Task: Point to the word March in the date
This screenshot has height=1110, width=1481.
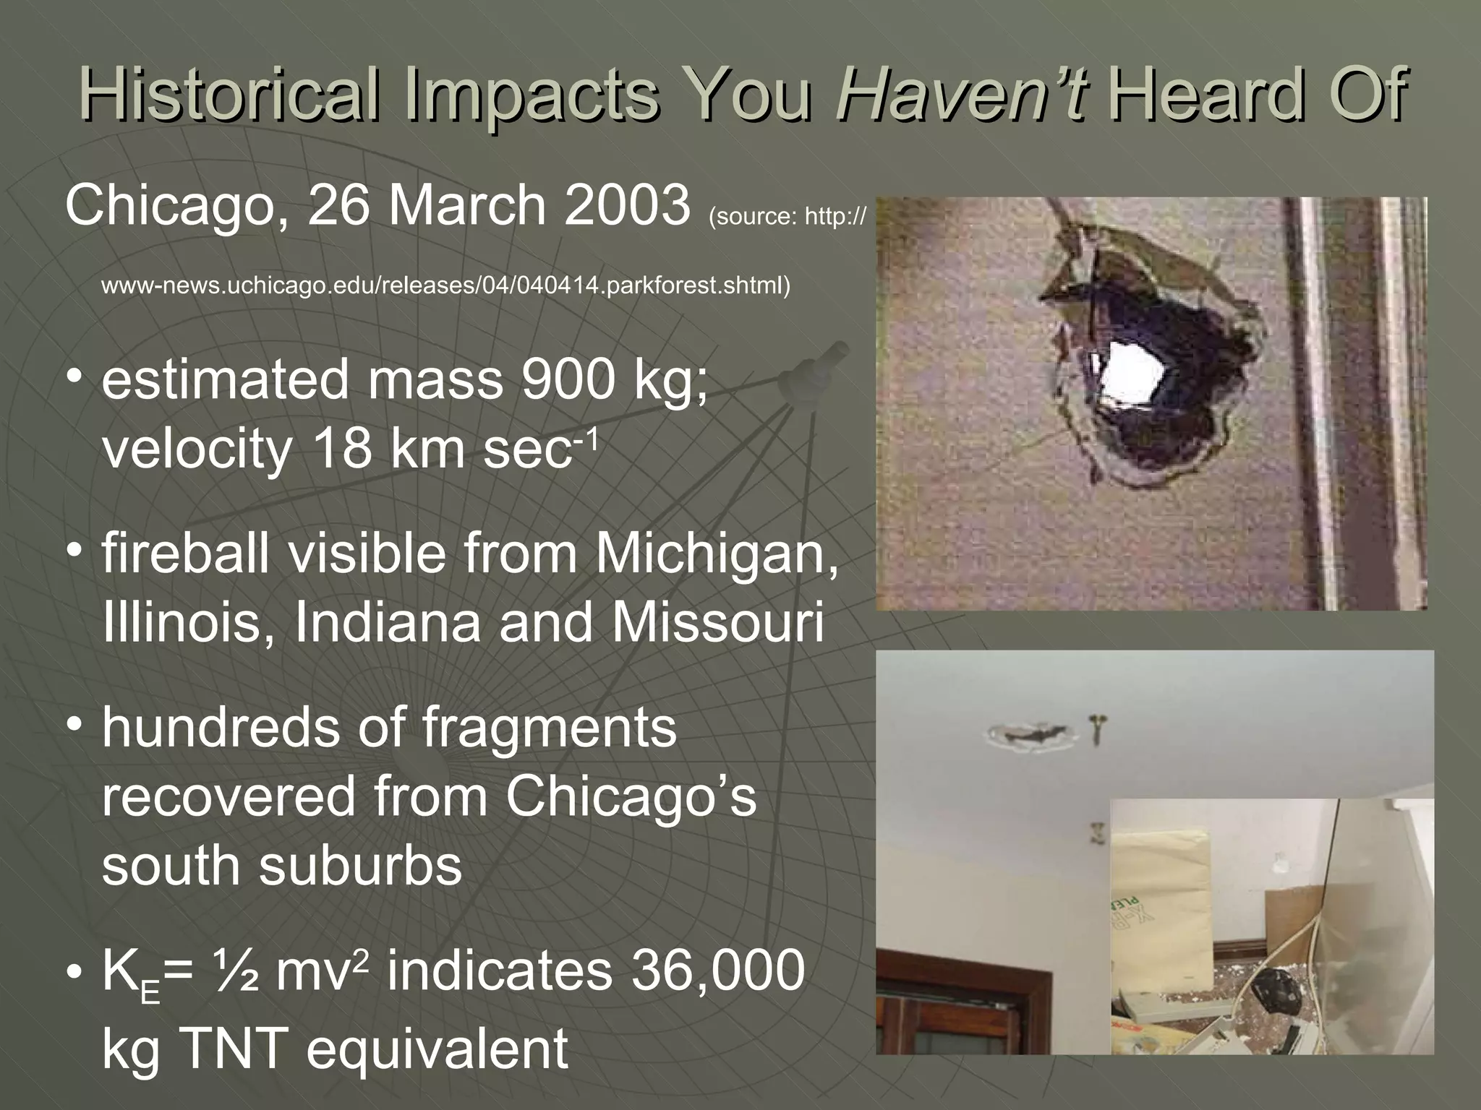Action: (x=466, y=205)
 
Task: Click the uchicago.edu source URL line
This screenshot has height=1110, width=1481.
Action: (x=445, y=286)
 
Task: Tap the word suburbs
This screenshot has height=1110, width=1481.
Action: (x=360, y=866)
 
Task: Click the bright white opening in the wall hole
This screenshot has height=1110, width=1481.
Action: (x=1131, y=375)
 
